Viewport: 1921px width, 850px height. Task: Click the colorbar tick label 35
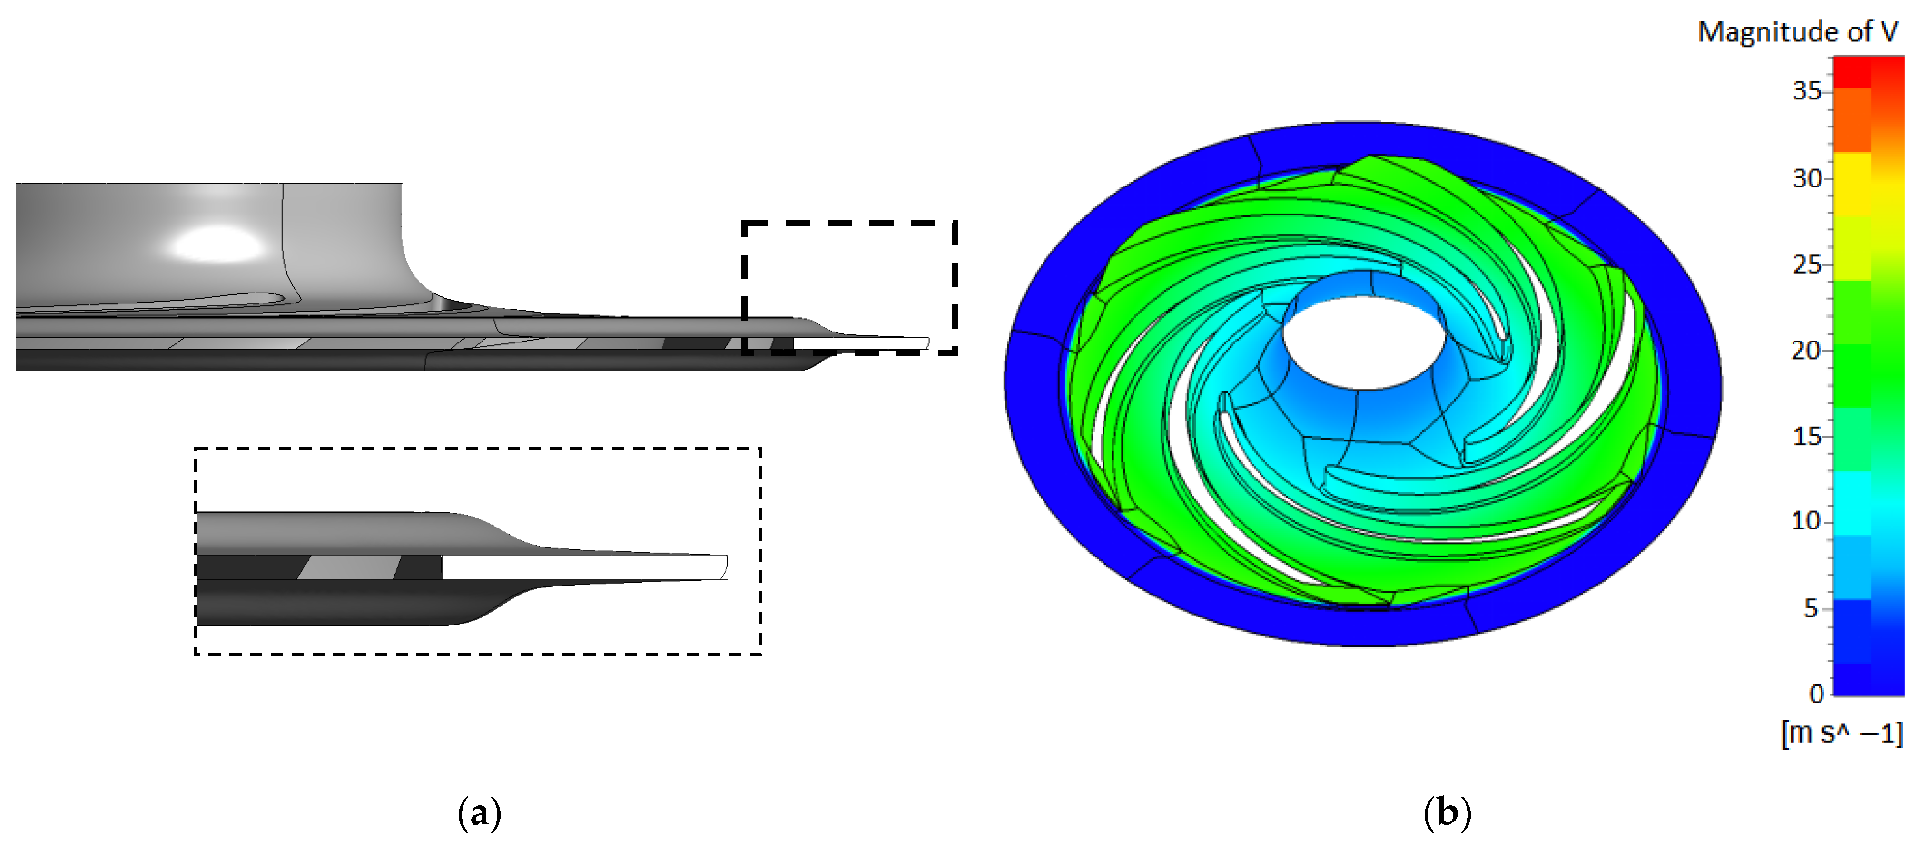1806,91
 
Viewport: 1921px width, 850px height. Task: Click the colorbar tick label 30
1806,179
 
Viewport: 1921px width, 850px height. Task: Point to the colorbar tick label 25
1806,264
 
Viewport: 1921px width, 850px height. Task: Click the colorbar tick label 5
1811,608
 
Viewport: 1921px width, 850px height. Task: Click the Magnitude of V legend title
1797,32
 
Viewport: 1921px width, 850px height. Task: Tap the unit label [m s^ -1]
1841,733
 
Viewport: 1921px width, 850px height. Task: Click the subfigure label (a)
479,813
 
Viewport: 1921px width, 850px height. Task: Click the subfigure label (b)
1447,813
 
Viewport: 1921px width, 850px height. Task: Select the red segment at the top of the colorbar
1852,72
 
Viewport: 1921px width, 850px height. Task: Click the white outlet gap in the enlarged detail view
581,567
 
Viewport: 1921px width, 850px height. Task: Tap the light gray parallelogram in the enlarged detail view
349,567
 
